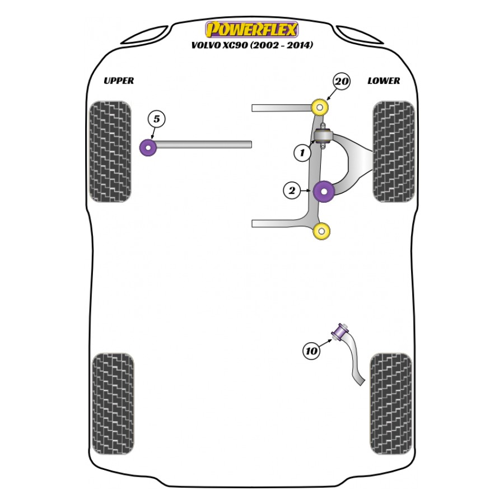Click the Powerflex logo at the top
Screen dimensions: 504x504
pyautogui.click(x=251, y=30)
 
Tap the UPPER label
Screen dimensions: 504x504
pyautogui.click(x=119, y=80)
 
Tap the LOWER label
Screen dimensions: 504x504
pyautogui.click(x=384, y=81)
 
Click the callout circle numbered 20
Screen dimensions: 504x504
pyautogui.click(x=342, y=81)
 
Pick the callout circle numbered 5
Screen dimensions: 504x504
pyautogui.click(x=156, y=119)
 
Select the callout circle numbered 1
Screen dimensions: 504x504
pyautogui.click(x=302, y=152)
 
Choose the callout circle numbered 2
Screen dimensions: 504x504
pyautogui.click(x=292, y=190)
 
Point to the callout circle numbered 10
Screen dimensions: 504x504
pyautogui.click(x=311, y=351)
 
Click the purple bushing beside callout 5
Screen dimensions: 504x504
pyautogui.click(x=148, y=147)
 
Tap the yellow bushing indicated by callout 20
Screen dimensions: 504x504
pyautogui.click(x=320, y=107)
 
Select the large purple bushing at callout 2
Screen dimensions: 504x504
pyautogui.click(x=324, y=192)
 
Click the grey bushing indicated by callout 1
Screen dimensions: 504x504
pyautogui.click(x=323, y=136)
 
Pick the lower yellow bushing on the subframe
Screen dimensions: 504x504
pyautogui.click(x=321, y=231)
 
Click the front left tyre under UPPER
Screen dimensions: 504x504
pyautogui.click(x=110, y=152)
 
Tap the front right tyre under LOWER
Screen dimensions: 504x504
pyautogui.click(x=394, y=152)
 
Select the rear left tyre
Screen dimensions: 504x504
pyautogui.click(x=113, y=404)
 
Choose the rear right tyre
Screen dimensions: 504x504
pyautogui.click(x=391, y=404)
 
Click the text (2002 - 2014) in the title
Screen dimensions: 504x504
pyautogui.click(x=281, y=45)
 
